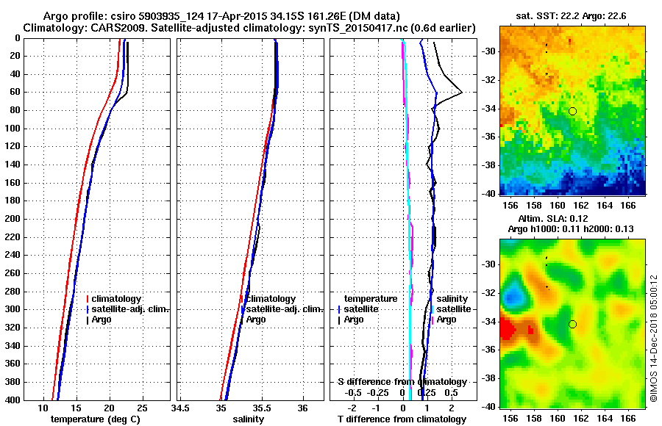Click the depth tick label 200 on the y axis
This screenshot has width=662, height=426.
(x=13, y=219)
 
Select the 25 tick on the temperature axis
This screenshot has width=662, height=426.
(x=143, y=408)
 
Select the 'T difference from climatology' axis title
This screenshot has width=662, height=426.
(x=402, y=419)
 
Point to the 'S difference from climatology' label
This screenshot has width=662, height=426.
(x=402, y=382)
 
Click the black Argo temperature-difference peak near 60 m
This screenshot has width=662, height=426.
(x=461, y=93)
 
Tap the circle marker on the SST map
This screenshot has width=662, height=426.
(x=572, y=111)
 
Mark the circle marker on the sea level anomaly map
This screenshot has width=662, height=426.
(x=572, y=324)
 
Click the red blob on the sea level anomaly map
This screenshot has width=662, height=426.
(x=509, y=331)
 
